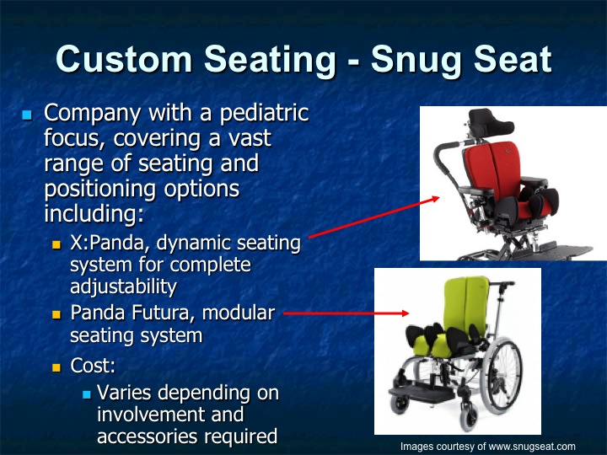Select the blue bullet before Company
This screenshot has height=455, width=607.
27,114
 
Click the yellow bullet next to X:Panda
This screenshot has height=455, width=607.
57,245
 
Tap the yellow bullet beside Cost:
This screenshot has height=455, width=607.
57,368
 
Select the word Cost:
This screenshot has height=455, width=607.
93,367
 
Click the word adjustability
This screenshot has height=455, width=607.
123,286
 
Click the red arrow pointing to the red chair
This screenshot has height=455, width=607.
375,217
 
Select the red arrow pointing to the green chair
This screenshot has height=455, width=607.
346,313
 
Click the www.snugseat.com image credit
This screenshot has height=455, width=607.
487,446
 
